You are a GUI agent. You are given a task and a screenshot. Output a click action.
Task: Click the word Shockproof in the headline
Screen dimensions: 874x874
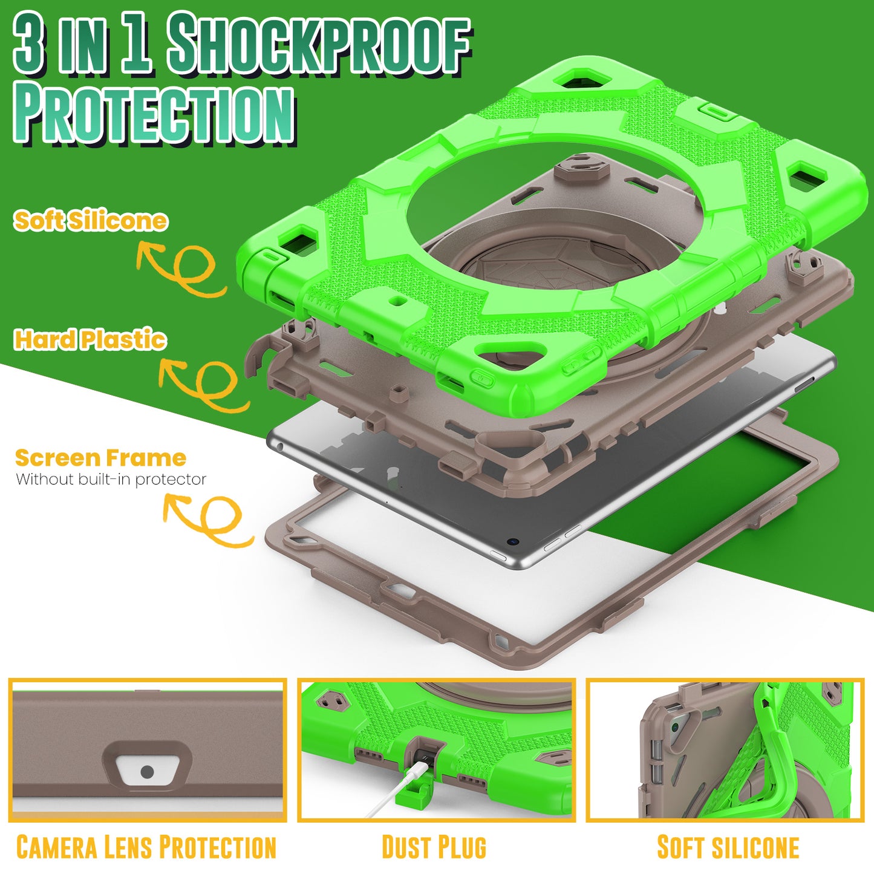(320, 44)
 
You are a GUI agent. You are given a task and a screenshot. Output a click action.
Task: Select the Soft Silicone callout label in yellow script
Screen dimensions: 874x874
(91, 221)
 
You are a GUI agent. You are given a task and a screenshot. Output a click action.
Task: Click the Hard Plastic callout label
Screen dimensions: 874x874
(90, 340)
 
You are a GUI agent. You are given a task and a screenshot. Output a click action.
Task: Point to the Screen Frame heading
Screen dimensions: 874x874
(100, 458)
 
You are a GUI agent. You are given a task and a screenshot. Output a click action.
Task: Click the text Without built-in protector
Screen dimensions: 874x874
(111, 479)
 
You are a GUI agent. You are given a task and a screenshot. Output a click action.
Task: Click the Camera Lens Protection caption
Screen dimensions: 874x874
(146, 846)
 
